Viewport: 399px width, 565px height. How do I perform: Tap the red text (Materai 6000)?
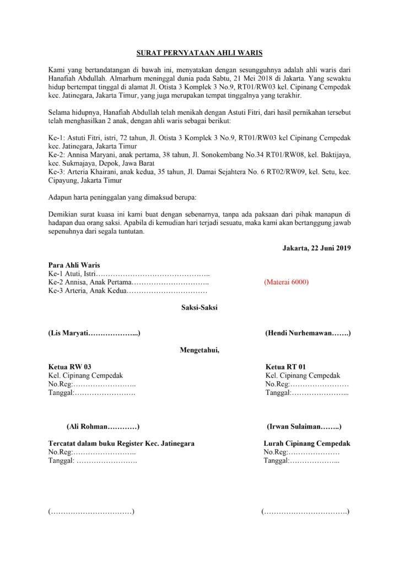tap(286, 282)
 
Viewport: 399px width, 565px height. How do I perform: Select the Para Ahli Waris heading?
tap(74, 265)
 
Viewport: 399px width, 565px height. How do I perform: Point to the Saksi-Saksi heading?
tap(199, 308)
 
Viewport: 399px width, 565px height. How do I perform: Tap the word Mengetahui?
tap(199, 349)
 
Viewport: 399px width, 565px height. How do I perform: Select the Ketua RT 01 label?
tap(285, 366)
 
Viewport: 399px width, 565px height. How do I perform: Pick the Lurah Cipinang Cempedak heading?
tap(307, 443)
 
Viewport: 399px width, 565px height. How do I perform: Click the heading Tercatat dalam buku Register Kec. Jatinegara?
tap(121, 443)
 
